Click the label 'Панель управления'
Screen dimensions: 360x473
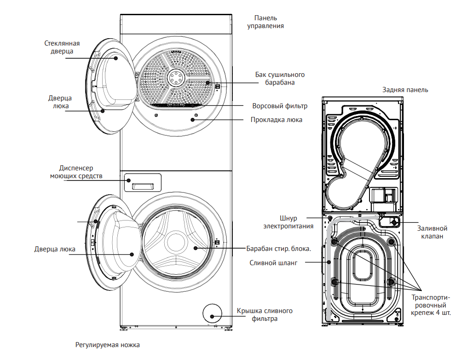click(x=265, y=22)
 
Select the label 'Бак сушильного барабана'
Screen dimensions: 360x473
click(x=280, y=79)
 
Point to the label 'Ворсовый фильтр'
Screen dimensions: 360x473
click(x=280, y=106)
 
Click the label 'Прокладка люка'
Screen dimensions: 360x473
click(x=277, y=120)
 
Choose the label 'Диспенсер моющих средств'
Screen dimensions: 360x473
click(x=76, y=172)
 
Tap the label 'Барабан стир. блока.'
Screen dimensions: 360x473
click(x=279, y=249)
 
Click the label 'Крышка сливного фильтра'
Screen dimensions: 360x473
click(x=265, y=314)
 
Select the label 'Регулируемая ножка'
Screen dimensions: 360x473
click(x=107, y=344)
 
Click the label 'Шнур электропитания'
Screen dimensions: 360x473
click(x=288, y=222)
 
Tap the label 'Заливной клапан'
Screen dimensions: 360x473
click(x=433, y=232)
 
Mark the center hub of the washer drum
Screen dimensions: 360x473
click(x=176, y=242)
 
